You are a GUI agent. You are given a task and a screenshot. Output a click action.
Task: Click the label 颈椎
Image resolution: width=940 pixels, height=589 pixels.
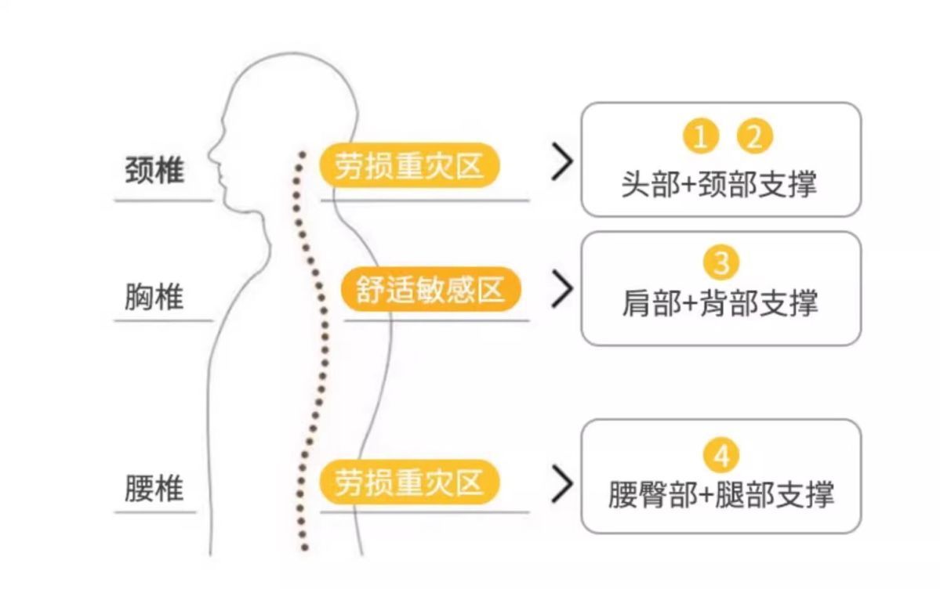coord(154,170)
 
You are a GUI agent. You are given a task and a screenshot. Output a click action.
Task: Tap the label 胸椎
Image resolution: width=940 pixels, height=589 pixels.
coord(154,298)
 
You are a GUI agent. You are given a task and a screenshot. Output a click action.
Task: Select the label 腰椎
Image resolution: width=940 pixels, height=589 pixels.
coord(154,489)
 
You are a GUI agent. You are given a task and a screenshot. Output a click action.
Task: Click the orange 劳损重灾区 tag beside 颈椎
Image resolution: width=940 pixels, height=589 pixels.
coord(408,167)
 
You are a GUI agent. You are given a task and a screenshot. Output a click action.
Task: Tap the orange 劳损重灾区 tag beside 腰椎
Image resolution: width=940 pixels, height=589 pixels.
coord(408,482)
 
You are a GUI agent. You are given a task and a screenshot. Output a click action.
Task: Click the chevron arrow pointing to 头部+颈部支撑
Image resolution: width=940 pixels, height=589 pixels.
coord(561,162)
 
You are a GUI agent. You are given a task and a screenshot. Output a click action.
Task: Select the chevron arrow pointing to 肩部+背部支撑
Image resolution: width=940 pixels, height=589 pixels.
coord(561,289)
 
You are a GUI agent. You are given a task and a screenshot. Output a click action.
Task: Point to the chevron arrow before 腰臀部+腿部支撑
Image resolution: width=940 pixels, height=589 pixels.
coord(561,484)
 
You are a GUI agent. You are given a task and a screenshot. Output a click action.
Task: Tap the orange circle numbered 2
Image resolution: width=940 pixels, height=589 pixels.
coord(754,137)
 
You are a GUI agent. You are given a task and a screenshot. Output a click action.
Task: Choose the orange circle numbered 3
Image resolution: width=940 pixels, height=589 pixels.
coord(721,262)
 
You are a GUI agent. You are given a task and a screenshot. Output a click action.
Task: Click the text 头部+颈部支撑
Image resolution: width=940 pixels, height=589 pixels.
coord(719,185)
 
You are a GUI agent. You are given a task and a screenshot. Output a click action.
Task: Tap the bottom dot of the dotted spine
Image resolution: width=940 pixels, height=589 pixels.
coord(305,547)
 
